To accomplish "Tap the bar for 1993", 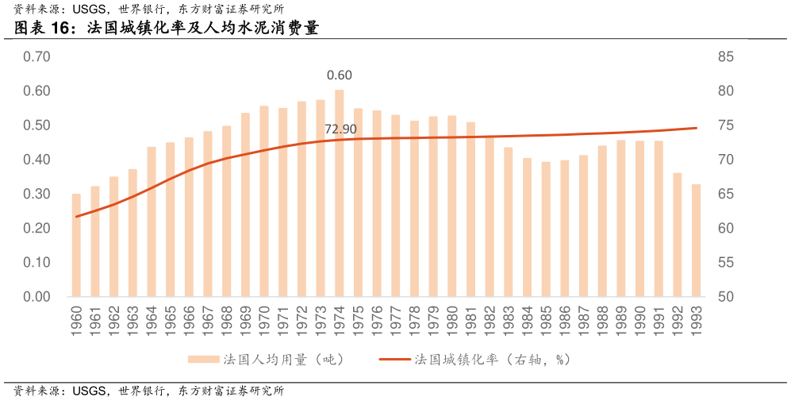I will [x=696, y=240].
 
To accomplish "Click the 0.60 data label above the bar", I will [x=340, y=75].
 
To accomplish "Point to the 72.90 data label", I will [x=340, y=129].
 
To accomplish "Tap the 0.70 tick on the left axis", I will [x=36, y=57].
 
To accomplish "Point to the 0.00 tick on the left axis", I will [x=36, y=297].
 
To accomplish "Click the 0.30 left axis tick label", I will [x=36, y=195].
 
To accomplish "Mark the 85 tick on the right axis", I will [x=726, y=57].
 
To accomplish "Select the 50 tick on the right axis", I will [x=726, y=297].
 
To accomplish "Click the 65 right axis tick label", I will [x=726, y=195].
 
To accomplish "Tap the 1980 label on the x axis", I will [x=452, y=322].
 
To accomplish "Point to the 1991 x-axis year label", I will [x=659, y=322].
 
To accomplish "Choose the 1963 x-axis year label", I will [x=133, y=322].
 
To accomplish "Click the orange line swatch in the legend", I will [x=395, y=360].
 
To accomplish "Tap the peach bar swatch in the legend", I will [x=202, y=360].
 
